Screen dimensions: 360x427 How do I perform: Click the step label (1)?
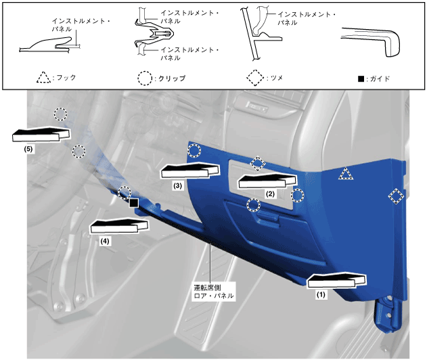pos(321,294)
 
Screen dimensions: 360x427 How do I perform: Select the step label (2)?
pos(270,194)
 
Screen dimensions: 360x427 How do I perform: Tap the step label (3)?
pos(177,185)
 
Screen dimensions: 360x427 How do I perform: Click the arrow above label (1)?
pos(337,280)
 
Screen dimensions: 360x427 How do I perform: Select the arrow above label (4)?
pos(118,225)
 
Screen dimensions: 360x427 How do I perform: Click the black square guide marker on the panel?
pos(134,203)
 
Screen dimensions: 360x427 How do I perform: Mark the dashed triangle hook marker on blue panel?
pos(346,175)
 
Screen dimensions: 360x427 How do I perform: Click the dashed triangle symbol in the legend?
pos(43,78)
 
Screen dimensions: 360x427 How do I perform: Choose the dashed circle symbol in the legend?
pos(144,78)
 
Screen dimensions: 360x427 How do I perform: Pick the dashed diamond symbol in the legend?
pos(254,78)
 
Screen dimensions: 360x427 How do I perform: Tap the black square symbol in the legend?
pos(361,78)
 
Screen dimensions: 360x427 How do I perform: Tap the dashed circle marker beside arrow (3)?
pos(194,150)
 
